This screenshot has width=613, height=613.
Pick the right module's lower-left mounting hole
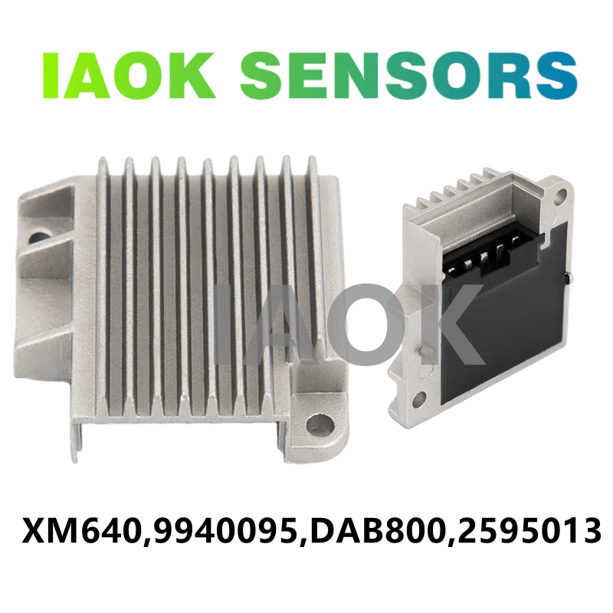coord(419,398)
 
